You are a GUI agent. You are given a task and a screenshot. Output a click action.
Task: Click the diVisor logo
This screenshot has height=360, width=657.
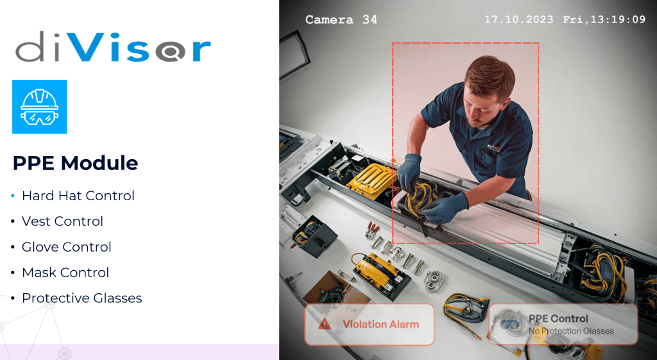coord(113,47)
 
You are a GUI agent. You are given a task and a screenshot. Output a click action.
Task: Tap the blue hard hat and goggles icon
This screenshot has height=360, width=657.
coord(39,107)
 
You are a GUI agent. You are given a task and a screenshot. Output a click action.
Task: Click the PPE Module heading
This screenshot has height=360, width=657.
coord(76,163)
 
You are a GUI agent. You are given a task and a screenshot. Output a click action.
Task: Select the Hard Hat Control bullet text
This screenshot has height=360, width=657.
coord(78,196)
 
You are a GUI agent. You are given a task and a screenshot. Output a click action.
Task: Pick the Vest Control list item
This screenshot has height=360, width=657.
coord(62,221)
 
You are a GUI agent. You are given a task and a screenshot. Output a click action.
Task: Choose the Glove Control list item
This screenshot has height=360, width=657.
coord(67,247)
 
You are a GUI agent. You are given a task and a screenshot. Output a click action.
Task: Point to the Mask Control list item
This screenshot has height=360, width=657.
coord(65,273)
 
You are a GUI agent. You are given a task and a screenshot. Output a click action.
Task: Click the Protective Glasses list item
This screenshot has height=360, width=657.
coord(81,298)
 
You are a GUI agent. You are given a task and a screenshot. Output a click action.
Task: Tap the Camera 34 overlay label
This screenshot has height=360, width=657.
coord(341,19)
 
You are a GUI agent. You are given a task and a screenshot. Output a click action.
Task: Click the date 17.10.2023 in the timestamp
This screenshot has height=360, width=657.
coord(518,19)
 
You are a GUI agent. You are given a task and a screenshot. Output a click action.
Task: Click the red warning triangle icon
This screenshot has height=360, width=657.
coord(324,324)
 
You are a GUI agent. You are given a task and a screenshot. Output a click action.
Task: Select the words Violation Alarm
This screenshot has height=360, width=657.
coord(380,324)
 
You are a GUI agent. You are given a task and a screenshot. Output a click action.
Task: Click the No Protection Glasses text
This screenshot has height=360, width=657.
coord(571,331)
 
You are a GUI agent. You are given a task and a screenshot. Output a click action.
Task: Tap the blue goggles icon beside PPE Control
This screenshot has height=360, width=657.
coord(510,324)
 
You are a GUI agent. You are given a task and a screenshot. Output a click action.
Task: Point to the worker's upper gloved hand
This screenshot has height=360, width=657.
coord(409,171)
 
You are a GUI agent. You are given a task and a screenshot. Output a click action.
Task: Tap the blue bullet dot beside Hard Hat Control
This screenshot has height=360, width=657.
coord(13,196)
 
